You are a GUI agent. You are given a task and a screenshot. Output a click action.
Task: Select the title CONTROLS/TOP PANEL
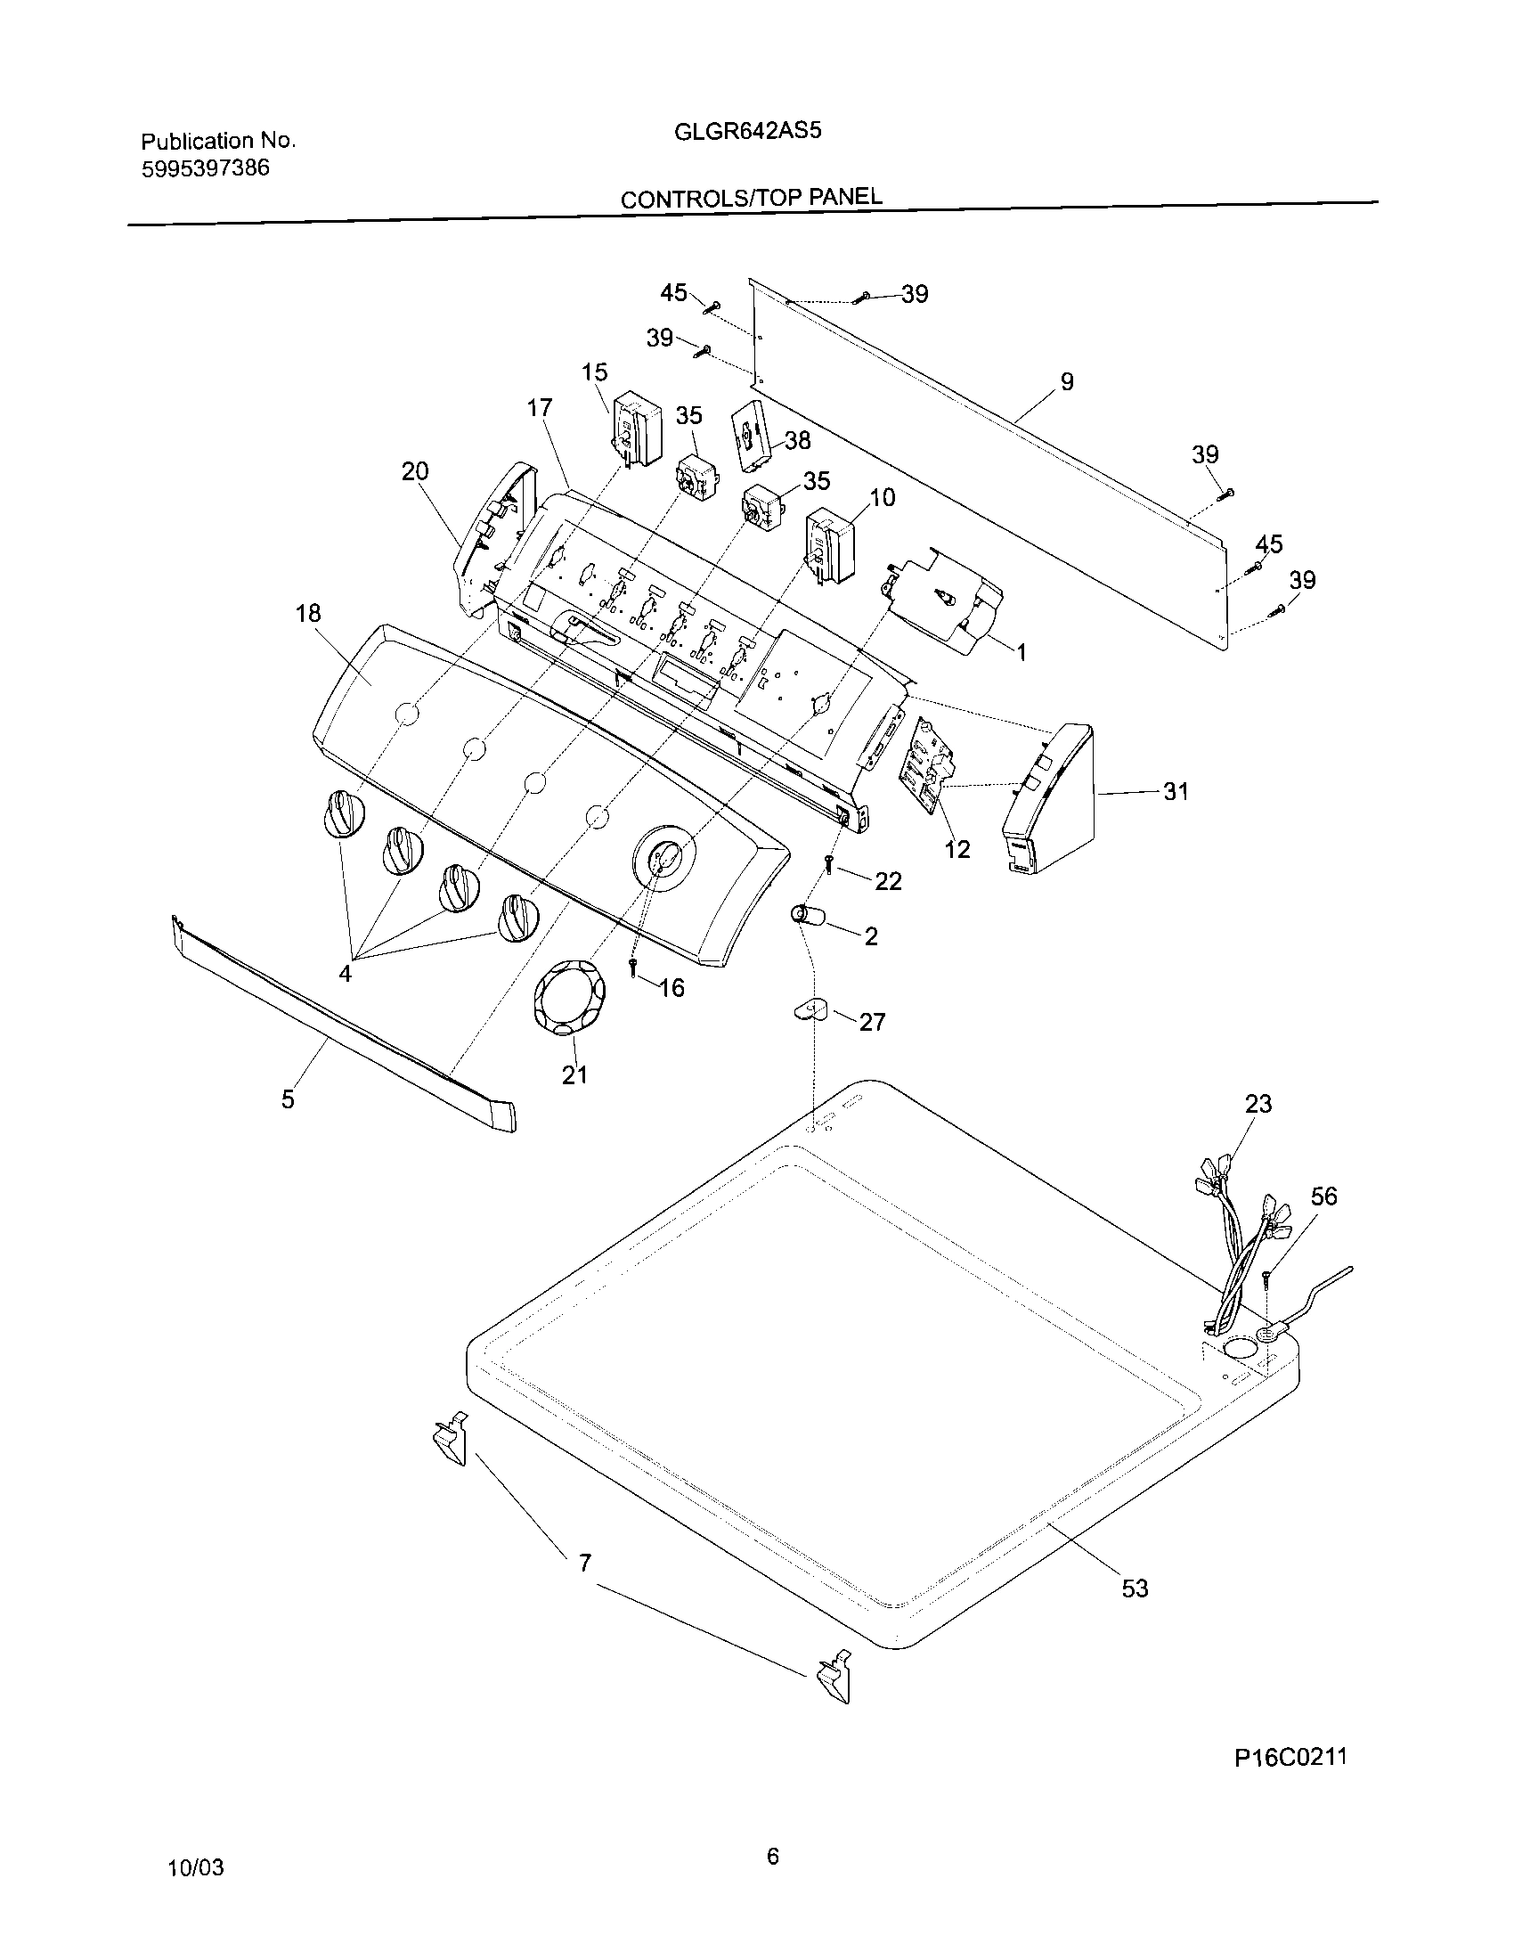click(751, 197)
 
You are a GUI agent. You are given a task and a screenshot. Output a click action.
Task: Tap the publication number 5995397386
click(206, 167)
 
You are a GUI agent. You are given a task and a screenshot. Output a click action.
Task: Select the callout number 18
click(307, 613)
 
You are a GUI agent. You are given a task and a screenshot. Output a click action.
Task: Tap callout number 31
click(1175, 790)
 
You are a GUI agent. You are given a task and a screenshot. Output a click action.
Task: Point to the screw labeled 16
click(633, 968)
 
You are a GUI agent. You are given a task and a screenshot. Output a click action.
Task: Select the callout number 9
click(1066, 382)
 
